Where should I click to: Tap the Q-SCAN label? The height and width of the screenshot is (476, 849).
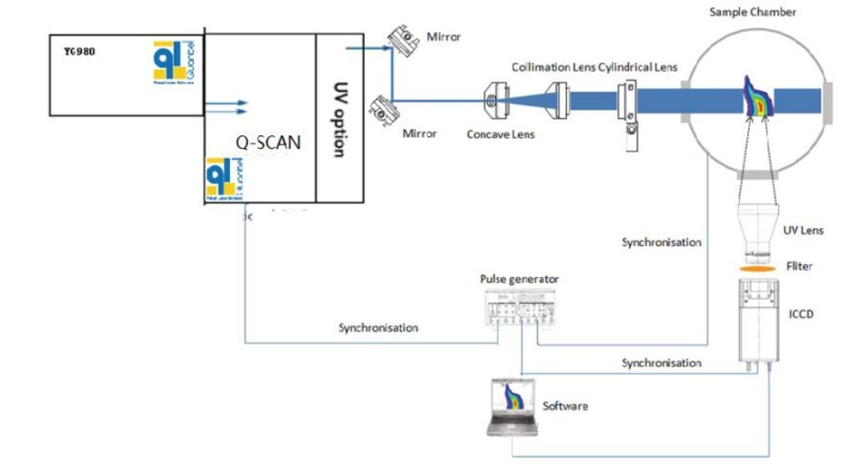pyautogui.click(x=263, y=143)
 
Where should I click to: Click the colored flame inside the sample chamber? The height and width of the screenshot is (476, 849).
pyautogui.click(x=755, y=95)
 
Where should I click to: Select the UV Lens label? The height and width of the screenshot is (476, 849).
pyautogui.click(x=803, y=231)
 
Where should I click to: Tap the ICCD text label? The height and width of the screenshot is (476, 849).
pyautogui.click(x=802, y=316)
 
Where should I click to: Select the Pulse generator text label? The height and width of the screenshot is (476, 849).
pyautogui.click(x=520, y=279)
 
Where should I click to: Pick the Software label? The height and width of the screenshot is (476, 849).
pyautogui.click(x=565, y=405)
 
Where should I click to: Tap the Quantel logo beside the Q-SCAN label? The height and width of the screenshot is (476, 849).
pyautogui.click(x=225, y=178)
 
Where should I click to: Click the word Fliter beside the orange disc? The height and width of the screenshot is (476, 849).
pyautogui.click(x=801, y=267)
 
